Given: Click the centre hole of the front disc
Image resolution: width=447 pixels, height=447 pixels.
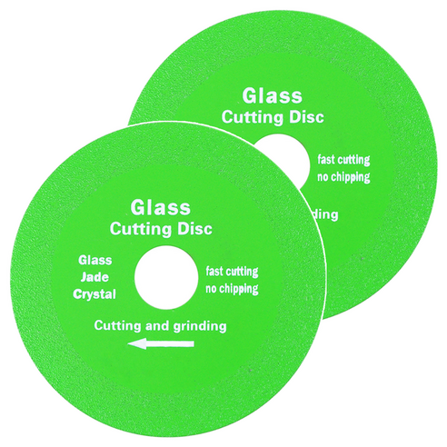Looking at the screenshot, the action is (x=166, y=277).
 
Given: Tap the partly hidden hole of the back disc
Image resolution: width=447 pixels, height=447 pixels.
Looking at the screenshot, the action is (x=288, y=158).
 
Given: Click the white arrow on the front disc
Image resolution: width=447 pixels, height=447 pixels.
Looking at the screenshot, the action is (x=161, y=344).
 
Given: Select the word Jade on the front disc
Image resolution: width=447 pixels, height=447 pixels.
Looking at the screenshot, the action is (x=94, y=277).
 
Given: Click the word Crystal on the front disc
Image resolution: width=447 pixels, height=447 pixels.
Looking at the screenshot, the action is (x=94, y=294).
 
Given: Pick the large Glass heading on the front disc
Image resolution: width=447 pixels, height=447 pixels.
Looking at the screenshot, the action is (x=161, y=208).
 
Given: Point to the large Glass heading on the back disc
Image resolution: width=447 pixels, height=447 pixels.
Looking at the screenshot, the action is (x=273, y=96).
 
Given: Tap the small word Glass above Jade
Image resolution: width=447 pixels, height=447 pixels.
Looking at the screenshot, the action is (x=95, y=260).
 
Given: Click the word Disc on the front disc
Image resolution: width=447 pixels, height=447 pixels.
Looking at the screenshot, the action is (x=194, y=229).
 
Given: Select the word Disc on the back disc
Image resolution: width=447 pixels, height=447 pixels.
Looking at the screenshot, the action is (x=306, y=117).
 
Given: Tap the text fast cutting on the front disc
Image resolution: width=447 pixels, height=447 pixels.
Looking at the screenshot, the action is (x=232, y=271).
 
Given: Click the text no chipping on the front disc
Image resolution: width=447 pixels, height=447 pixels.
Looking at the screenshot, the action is (x=232, y=289).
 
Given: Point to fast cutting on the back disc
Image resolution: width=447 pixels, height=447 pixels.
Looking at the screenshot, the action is (x=343, y=160).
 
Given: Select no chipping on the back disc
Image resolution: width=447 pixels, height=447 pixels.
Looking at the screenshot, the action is (x=343, y=177).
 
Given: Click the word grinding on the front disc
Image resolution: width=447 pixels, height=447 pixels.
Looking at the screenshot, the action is (x=200, y=326).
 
